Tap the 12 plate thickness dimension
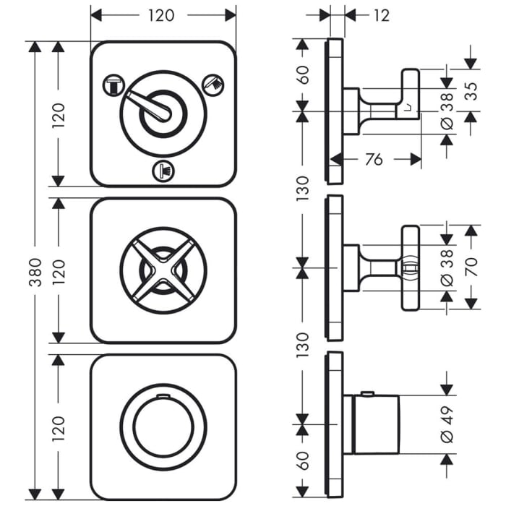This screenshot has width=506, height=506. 382,14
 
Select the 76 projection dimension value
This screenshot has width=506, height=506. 373,159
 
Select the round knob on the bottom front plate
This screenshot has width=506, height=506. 163,426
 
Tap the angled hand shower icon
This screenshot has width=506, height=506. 215,82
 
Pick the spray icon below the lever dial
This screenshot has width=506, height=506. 163,171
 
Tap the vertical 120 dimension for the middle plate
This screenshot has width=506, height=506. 59,270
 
